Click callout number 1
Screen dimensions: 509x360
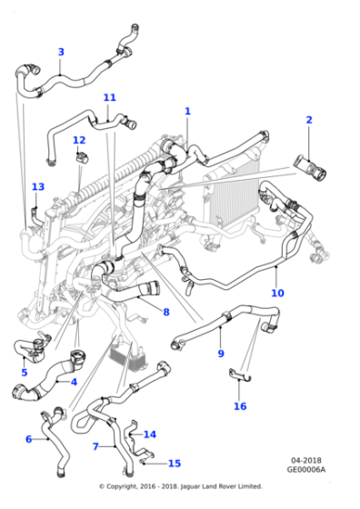pyautogui.click(x=188, y=111)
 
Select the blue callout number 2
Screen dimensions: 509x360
pyautogui.click(x=309, y=120)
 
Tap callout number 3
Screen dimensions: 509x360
pyautogui.click(x=61, y=52)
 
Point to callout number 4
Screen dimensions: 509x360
pyautogui.click(x=74, y=382)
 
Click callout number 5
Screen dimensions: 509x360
pyautogui.click(x=25, y=372)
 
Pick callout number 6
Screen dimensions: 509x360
pyautogui.click(x=28, y=439)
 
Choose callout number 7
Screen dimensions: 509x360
pyautogui.click(x=95, y=446)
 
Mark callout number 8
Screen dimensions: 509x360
pyautogui.click(x=165, y=313)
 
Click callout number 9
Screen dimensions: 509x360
pyautogui.click(x=220, y=353)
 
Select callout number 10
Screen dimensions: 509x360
pyautogui.click(x=277, y=293)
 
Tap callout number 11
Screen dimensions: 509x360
pyautogui.click(x=110, y=97)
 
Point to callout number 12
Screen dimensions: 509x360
pyautogui.click(x=79, y=140)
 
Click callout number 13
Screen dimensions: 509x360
pyautogui.click(x=37, y=187)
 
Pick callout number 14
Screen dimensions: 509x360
pyautogui.click(x=150, y=434)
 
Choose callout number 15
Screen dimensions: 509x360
pyautogui.click(x=175, y=463)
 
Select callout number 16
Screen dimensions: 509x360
pyautogui.click(x=240, y=406)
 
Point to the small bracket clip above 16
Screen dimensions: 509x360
pyautogui.click(x=238, y=374)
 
